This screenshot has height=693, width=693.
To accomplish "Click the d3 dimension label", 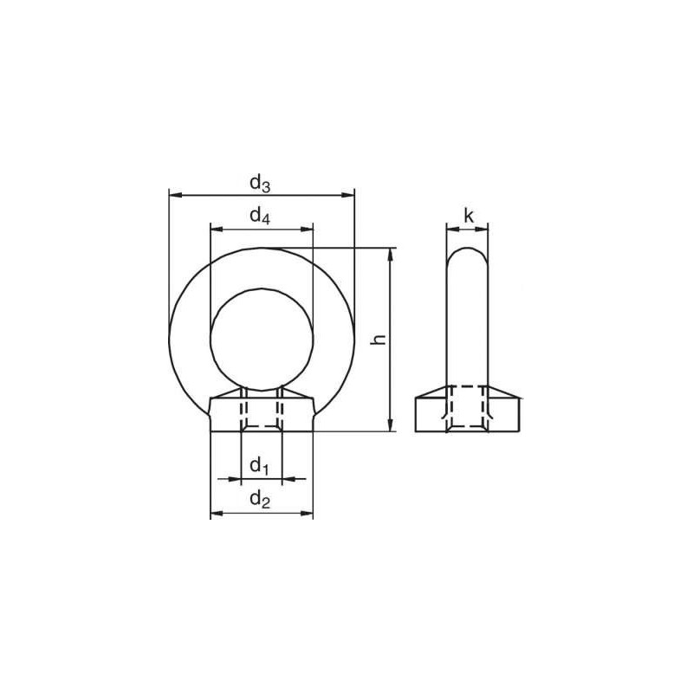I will point(261,184).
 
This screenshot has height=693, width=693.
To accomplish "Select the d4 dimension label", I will point(261,217).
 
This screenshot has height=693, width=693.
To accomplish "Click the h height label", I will point(378,340).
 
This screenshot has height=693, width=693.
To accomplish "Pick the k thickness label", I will point(468,216).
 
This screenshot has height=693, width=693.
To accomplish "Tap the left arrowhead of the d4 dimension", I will point(216,230).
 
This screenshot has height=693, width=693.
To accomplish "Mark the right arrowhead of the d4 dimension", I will point(308,230).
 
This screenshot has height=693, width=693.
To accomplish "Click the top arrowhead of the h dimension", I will point(391,253).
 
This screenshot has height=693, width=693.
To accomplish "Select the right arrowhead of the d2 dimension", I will point(308,514).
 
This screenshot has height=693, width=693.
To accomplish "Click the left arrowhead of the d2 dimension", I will point(216,514).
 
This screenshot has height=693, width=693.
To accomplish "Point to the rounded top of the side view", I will point(468,253).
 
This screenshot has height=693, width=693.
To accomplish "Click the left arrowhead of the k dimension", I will point(451,230).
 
